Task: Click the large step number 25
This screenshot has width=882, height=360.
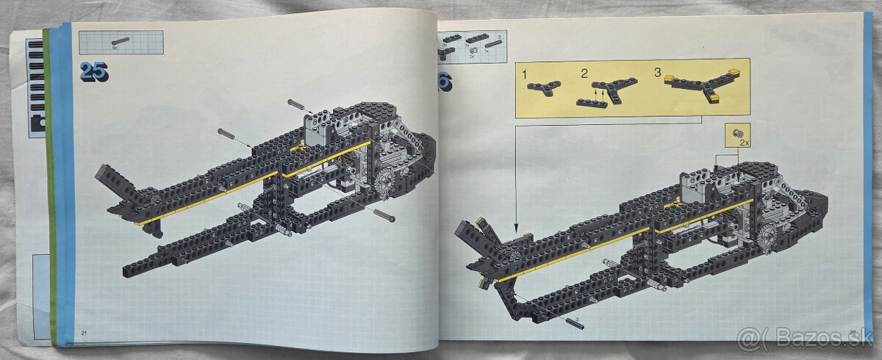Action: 94,71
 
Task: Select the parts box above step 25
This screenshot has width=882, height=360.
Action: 121,42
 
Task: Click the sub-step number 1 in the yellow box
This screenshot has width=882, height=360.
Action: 524,74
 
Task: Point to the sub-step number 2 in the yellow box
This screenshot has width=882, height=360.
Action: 584,73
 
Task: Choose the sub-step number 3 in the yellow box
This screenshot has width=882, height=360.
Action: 657,73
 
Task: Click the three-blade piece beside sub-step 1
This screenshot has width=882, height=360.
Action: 543,87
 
